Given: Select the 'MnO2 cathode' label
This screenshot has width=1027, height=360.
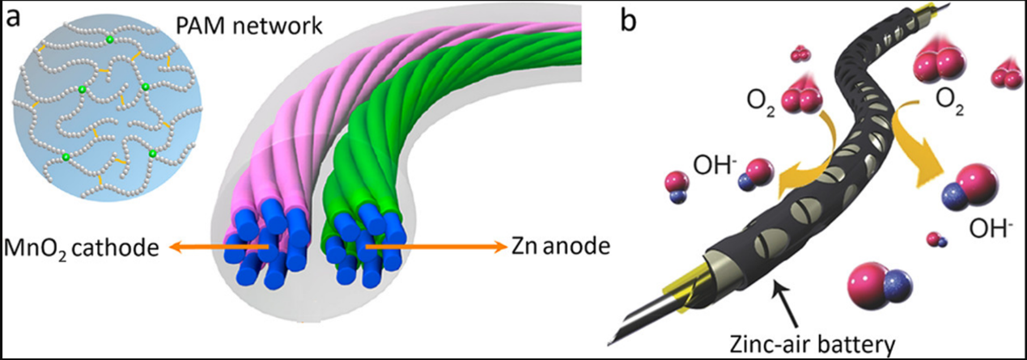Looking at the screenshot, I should pyautogui.click(x=79, y=246).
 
